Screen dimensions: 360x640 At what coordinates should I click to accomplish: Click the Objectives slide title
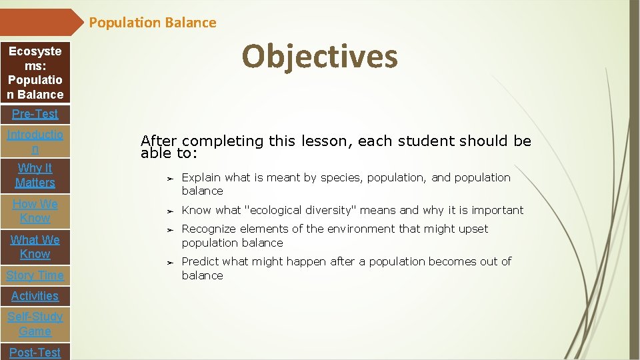point(319,56)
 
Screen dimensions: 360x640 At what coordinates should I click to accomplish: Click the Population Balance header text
point(153,23)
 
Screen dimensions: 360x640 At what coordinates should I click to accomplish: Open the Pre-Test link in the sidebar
point(35,114)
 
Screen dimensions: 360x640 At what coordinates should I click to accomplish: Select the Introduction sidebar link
point(35,141)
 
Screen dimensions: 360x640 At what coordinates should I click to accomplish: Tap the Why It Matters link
point(35,175)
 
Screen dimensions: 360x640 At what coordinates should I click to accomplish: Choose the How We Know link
point(35,211)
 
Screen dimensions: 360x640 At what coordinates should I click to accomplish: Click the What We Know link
point(35,247)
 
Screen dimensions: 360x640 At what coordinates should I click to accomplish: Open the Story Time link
point(35,275)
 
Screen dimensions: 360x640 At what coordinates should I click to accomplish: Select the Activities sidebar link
point(35,296)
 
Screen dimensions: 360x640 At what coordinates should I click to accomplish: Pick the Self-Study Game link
point(35,324)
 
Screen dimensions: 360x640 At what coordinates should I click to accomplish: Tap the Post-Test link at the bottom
point(35,352)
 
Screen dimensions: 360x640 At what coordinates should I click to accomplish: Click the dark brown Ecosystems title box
point(35,73)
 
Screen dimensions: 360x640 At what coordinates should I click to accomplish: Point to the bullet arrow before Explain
point(170,179)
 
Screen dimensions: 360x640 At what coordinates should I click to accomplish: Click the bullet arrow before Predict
point(170,263)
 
